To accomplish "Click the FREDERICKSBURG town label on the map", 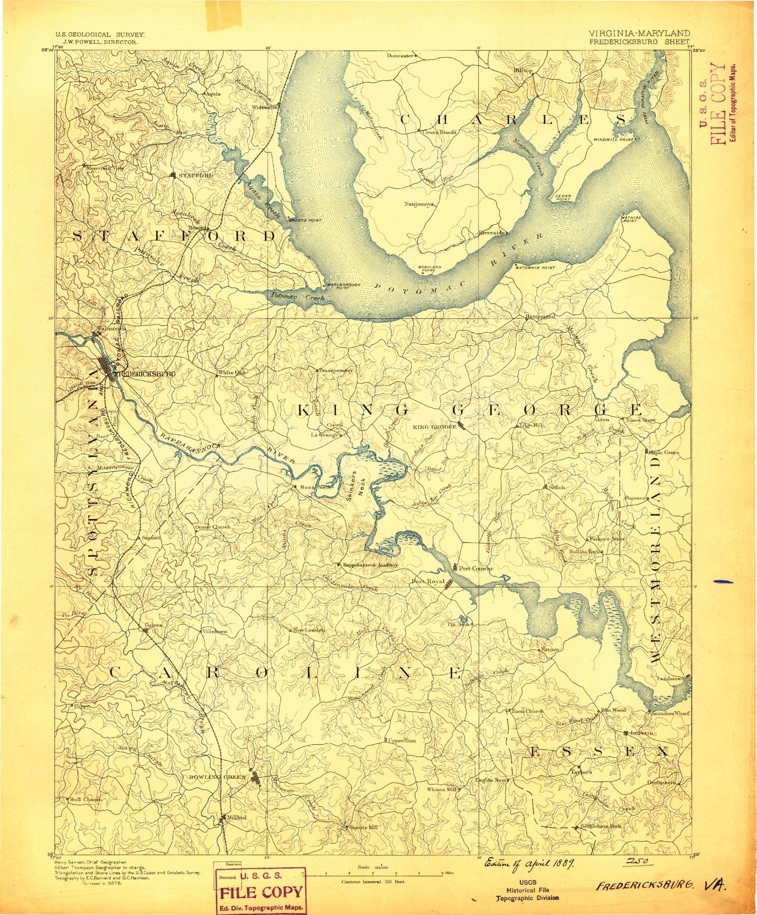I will click(x=146, y=374).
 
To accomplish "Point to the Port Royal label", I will click(x=428, y=581).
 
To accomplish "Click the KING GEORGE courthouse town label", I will click(x=435, y=427).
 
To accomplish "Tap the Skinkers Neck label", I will click(x=355, y=485).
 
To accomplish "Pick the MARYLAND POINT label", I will click(x=429, y=268).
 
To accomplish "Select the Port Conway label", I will click(x=475, y=568).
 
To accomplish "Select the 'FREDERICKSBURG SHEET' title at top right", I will click(x=639, y=42).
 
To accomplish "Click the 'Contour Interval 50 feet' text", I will click(x=372, y=882).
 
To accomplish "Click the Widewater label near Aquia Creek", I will click(x=265, y=107).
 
